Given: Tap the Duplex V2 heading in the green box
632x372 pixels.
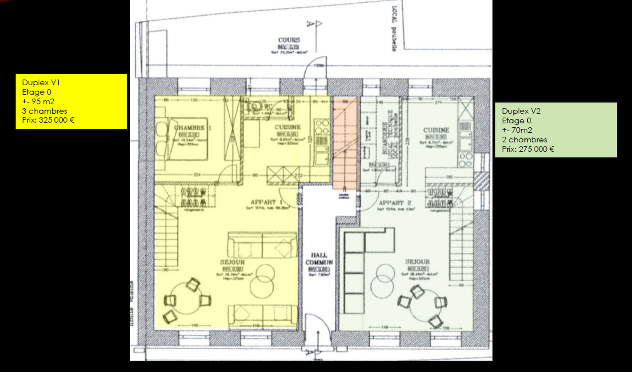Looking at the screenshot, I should click(x=521, y=111).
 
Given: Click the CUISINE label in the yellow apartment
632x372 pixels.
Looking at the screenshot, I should click(x=288, y=127).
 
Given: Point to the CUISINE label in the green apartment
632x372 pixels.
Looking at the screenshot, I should click(x=436, y=130).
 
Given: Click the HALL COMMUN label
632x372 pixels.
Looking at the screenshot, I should click(x=319, y=259).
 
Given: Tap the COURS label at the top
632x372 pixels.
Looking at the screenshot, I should click(x=289, y=40).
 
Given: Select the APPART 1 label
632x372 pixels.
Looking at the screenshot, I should click(x=266, y=202).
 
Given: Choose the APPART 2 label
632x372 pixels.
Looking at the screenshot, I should click(x=395, y=203).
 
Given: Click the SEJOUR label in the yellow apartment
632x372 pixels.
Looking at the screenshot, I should click(x=232, y=262).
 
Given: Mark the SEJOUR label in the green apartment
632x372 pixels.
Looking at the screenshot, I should click(x=417, y=262).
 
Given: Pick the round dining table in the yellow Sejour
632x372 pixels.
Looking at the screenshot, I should click(x=187, y=298).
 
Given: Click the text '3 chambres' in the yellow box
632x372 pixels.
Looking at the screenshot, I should click(x=44, y=111).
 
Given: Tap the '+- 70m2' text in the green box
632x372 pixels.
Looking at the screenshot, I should click(x=517, y=130).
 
